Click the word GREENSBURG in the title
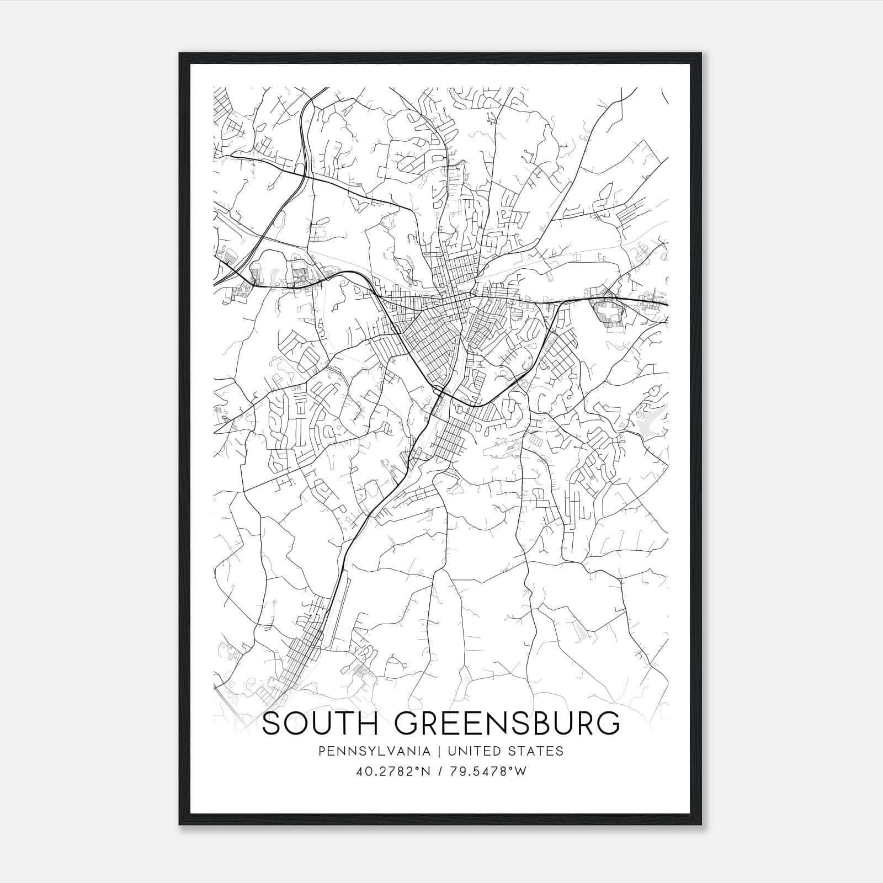[507, 724]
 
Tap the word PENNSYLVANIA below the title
[366, 751]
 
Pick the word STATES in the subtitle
[537, 751]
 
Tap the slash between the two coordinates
[439, 772]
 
